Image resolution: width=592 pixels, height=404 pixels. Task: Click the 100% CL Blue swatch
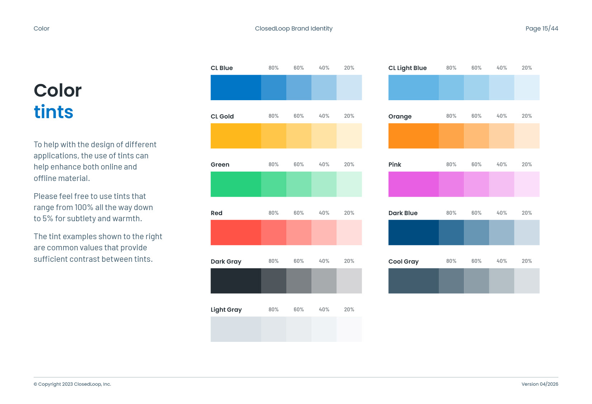coord(236,87)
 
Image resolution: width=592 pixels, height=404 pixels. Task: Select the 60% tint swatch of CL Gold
coord(299,136)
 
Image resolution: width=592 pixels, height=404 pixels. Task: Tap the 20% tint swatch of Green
coord(349,184)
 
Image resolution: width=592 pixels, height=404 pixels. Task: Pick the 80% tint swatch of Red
coord(274,232)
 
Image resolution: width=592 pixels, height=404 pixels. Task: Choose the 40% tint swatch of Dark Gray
coord(324,281)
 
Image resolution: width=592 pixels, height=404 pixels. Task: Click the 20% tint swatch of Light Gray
coord(349,329)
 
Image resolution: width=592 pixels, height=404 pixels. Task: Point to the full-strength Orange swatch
coord(413,136)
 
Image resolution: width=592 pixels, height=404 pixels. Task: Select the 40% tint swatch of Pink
coord(502,184)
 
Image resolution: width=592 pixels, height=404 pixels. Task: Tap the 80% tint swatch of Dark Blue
coord(451,232)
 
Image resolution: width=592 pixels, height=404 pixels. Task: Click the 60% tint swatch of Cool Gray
coord(476,281)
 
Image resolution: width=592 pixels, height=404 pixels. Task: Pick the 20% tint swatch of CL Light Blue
coord(527,87)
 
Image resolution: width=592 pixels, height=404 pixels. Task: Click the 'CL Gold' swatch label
coord(222,116)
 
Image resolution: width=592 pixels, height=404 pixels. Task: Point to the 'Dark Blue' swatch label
coord(403,213)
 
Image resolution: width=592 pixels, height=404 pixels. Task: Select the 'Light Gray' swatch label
coord(226,310)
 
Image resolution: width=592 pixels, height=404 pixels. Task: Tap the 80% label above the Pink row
coord(451,164)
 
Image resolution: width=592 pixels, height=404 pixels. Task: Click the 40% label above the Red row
coord(324,213)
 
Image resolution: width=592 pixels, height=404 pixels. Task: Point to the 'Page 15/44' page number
coord(542,28)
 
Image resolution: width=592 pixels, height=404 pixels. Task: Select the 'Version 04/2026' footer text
coord(540,384)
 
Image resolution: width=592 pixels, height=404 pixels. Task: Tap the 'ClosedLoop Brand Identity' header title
coord(293,28)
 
